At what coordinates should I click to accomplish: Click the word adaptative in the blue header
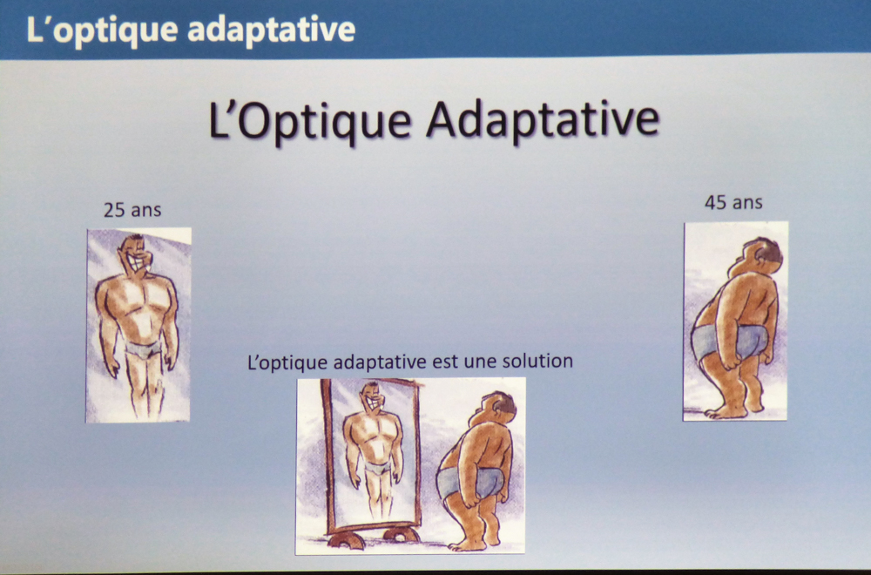pos(271,30)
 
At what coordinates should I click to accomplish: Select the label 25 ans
pos(132,210)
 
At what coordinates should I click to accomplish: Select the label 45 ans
pos(733,202)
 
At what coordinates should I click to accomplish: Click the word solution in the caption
pos(537,361)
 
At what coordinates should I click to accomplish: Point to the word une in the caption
pos(479,362)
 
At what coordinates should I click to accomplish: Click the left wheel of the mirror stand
pos(346,539)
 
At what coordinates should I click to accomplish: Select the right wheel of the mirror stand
pos(401,534)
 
